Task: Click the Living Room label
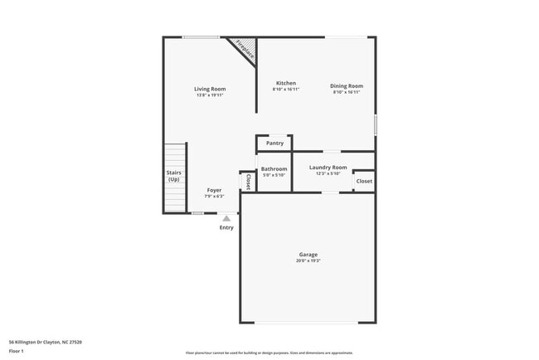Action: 210,89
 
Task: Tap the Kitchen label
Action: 286,83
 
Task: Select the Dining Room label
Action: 347,85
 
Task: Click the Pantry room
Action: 274,144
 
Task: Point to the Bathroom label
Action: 274,168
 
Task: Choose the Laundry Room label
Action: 328,168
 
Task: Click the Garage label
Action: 308,255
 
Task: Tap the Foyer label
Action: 214,190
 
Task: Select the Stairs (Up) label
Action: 173,176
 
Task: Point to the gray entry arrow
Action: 226,218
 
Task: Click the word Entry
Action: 226,227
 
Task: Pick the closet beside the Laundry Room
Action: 364,181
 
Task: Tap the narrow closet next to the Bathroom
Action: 247,182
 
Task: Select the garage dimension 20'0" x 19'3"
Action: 308,260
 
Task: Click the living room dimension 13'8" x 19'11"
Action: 210,95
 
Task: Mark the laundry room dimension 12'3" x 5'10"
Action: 328,174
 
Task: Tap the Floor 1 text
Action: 17,351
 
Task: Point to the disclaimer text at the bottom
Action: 269,353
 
